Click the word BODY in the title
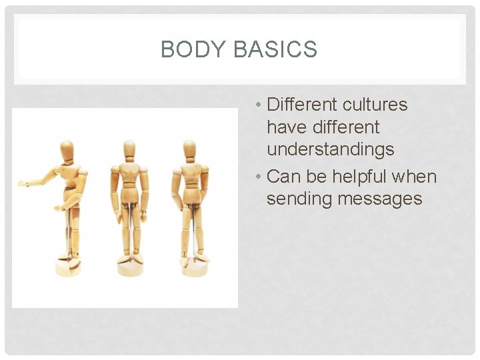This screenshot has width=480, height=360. point(189,49)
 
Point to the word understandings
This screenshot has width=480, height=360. point(330,149)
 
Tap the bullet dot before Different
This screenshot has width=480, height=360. point(257,105)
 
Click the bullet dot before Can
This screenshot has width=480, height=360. point(257,177)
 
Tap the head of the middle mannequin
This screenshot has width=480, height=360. point(130,148)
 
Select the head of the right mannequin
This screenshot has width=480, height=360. point(189,148)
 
